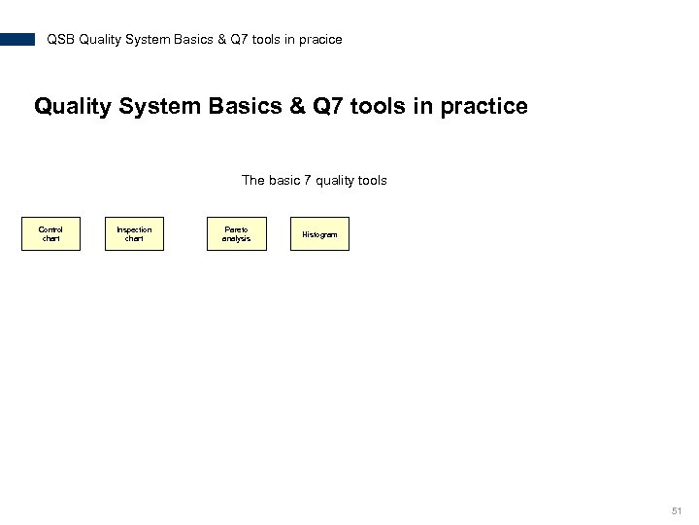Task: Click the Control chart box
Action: pos(50,233)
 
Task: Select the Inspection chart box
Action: pos(134,233)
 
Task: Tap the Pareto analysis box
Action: pos(236,233)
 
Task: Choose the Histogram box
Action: pos(319,234)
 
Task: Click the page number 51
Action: pos(677,509)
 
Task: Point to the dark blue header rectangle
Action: pos(17,40)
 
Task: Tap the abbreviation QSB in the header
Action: pos(61,40)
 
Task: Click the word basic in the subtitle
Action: pos(282,180)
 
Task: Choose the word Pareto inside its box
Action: pos(236,229)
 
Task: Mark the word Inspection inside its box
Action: pos(134,229)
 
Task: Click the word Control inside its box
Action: pos(50,229)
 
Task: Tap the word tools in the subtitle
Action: pos(371,180)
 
